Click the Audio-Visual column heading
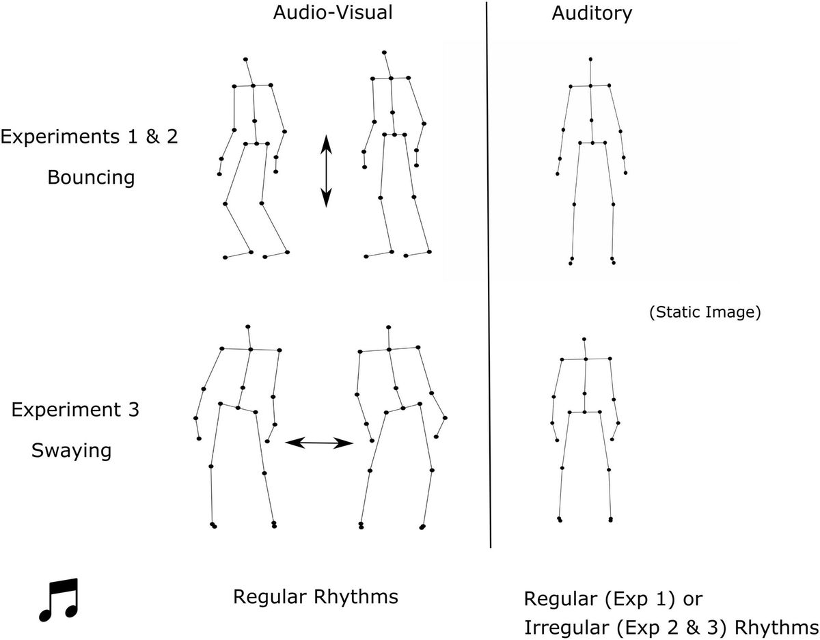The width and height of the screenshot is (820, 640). (333, 14)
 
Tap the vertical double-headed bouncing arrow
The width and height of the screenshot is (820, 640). (326, 171)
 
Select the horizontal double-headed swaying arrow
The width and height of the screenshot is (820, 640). (318, 443)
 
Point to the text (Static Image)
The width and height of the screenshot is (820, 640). (704, 313)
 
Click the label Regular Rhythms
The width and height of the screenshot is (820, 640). (315, 596)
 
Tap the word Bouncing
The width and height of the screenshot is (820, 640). (90, 178)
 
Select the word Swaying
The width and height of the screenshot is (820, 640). (71, 451)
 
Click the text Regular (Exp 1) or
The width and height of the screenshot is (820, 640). (614, 599)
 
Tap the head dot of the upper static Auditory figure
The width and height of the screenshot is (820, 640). (590, 59)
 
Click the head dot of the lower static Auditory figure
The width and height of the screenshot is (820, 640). (584, 338)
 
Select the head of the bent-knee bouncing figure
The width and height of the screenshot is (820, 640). (245, 60)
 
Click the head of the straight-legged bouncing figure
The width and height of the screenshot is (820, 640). (385, 52)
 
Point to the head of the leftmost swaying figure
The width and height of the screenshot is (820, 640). (248, 326)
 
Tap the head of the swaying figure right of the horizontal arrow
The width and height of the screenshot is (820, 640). (387, 328)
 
